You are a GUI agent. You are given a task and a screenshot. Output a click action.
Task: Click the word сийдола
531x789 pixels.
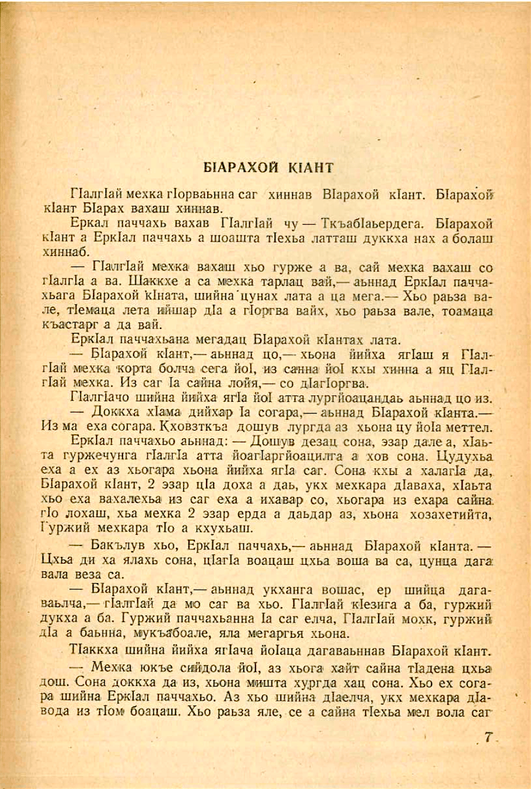(x=194, y=668)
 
